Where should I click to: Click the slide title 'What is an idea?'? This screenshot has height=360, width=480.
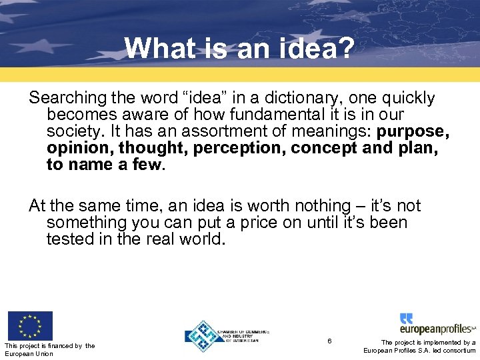click(x=239, y=48)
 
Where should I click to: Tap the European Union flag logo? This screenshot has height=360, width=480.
click(x=29, y=325)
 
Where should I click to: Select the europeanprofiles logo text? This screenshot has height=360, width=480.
click(x=437, y=329)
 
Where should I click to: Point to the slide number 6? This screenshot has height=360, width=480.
click(x=329, y=341)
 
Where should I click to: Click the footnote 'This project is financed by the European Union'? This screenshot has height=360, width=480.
click(x=49, y=349)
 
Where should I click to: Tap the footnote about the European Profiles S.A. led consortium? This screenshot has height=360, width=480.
click(x=420, y=346)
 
